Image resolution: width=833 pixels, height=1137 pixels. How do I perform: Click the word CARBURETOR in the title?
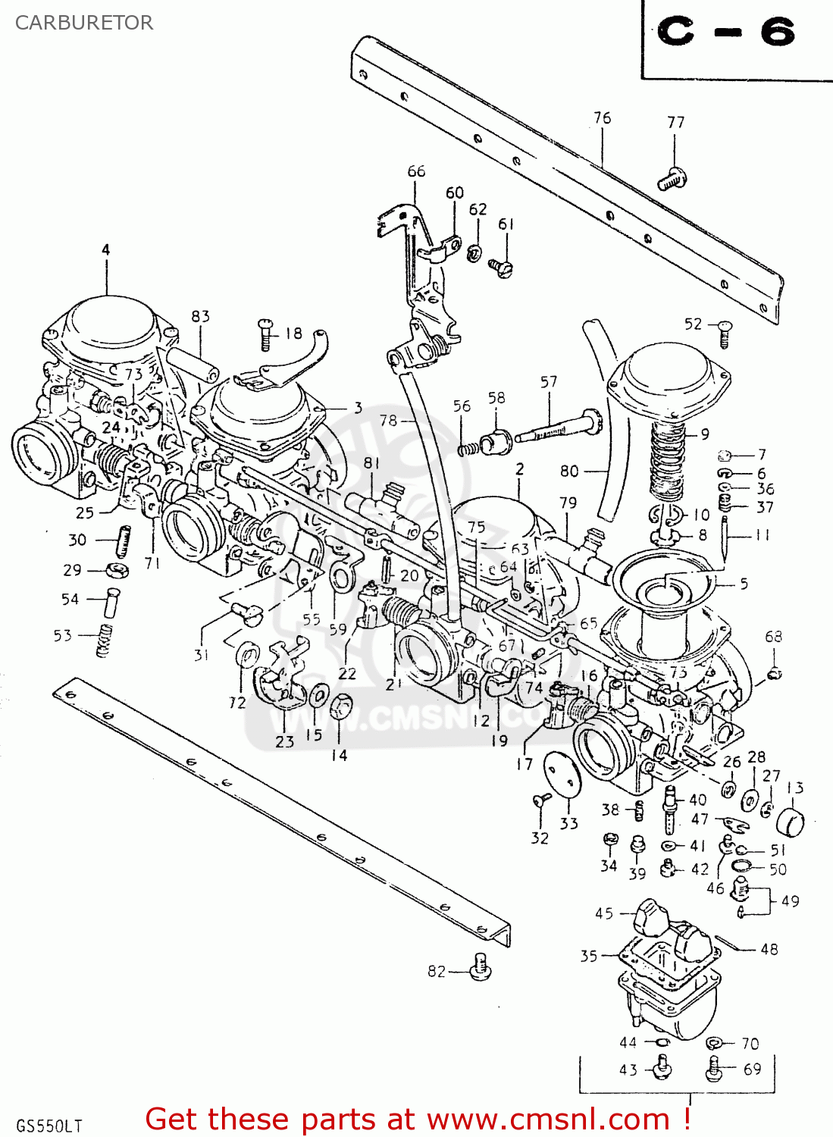(x=84, y=23)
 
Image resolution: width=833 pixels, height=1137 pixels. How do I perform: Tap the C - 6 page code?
(x=726, y=32)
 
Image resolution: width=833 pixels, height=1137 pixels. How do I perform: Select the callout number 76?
(x=602, y=117)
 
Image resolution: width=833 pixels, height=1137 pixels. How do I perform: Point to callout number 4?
(x=105, y=249)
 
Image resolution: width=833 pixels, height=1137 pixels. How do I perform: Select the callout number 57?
(x=549, y=382)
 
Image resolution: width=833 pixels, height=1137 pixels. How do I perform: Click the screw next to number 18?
(x=265, y=334)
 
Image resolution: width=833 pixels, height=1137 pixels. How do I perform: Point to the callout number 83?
(x=200, y=316)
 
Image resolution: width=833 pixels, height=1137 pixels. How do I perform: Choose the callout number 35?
(x=589, y=956)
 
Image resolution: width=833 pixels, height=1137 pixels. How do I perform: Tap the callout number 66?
(x=416, y=171)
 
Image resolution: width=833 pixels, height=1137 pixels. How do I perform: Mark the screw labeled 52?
(x=725, y=334)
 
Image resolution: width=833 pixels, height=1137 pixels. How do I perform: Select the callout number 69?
(x=752, y=1069)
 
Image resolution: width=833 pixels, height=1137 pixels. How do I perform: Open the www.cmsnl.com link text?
(x=549, y=1119)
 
